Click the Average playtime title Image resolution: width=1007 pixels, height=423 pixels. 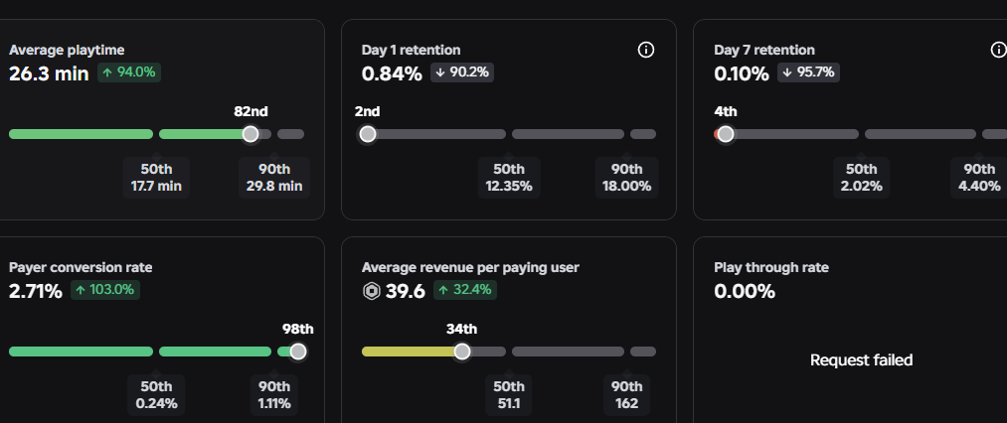pyautogui.click(x=67, y=50)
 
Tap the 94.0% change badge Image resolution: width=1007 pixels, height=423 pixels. pyautogui.click(x=129, y=72)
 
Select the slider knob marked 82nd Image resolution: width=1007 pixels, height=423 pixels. pyautogui.click(x=251, y=133)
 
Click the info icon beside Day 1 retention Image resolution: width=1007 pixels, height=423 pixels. pyautogui.click(x=646, y=50)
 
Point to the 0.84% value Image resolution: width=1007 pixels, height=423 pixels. pyautogui.click(x=392, y=73)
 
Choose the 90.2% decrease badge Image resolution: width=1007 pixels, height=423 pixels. pyautogui.click(x=462, y=72)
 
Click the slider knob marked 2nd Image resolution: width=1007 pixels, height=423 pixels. pyautogui.click(x=368, y=133)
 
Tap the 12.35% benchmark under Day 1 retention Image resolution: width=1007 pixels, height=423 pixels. pyautogui.click(x=509, y=186)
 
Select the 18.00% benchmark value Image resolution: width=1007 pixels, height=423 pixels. pyautogui.click(x=627, y=186)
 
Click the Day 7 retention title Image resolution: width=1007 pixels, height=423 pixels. pyautogui.click(x=764, y=50)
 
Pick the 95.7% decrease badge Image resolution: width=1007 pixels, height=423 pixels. pyautogui.click(x=808, y=72)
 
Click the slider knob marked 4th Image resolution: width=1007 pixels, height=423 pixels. pyautogui.click(x=726, y=133)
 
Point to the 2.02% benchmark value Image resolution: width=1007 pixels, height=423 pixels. pyautogui.click(x=861, y=186)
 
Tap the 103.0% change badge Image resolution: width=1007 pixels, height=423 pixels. pyautogui.click(x=105, y=290)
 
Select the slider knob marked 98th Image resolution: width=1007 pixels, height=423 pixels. pyautogui.click(x=298, y=352)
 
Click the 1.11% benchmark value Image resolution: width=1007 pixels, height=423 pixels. pyautogui.click(x=274, y=404)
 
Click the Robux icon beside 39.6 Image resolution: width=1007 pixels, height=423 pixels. pyautogui.click(x=371, y=292)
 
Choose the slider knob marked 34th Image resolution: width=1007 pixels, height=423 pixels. pyautogui.click(x=462, y=352)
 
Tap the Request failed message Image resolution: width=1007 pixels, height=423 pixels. pyautogui.click(x=861, y=360)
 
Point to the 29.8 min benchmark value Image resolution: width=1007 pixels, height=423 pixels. pyautogui.click(x=274, y=186)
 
